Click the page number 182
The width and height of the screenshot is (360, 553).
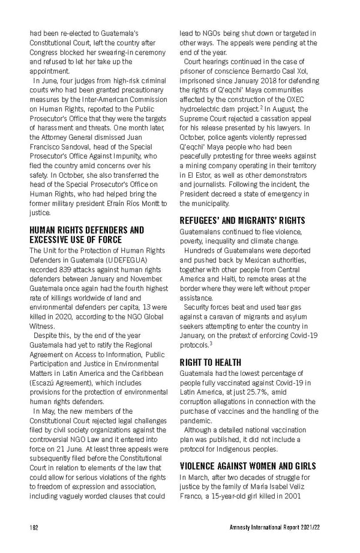[34, 528]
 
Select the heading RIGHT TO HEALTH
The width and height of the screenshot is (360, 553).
[211, 362]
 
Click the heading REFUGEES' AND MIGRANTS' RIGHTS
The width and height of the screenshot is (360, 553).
[242, 220]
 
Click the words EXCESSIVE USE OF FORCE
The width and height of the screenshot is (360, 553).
[76, 240]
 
